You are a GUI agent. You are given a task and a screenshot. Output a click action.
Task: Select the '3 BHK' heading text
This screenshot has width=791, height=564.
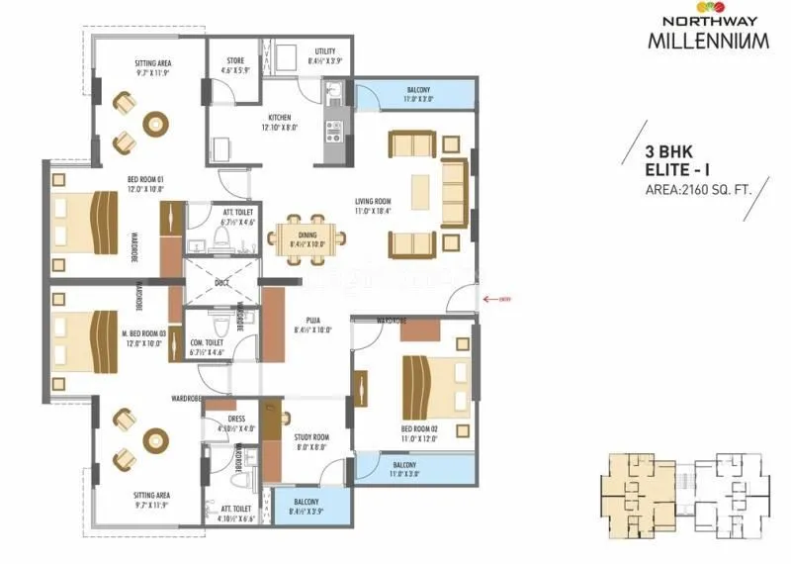pyautogui.click(x=671, y=152)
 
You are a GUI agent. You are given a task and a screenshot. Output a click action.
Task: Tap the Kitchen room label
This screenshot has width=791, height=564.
pyautogui.click(x=279, y=122)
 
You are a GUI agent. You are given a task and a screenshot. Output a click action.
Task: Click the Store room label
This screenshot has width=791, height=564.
pyautogui.click(x=234, y=65)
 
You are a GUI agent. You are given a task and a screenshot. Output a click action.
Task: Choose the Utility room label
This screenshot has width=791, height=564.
pyautogui.click(x=324, y=56)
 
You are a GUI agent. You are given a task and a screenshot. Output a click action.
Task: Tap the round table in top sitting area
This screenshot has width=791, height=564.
pyautogui.click(x=155, y=124)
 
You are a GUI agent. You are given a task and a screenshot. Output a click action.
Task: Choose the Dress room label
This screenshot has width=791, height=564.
pyautogui.click(x=236, y=423)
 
